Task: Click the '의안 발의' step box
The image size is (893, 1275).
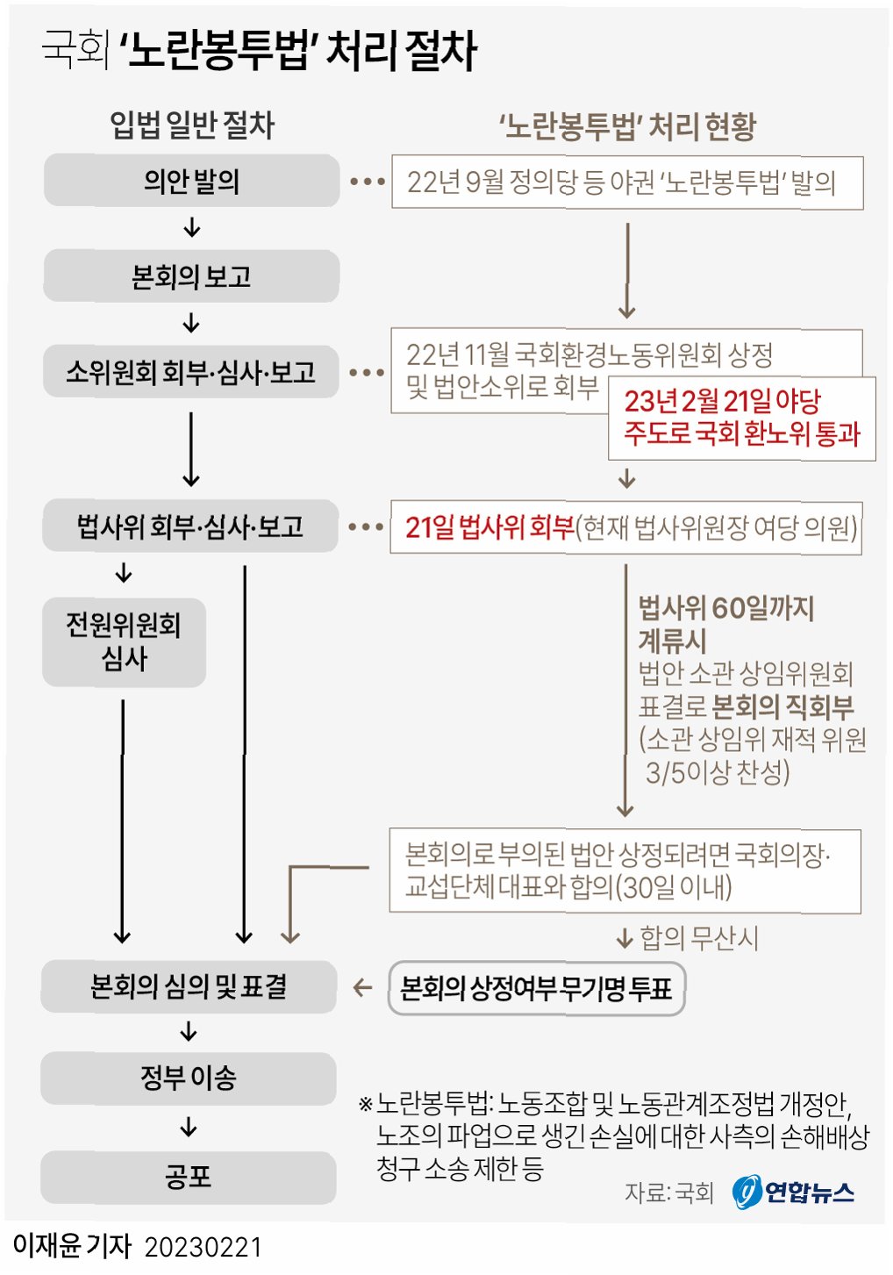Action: click(x=191, y=181)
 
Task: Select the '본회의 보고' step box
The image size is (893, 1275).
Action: click(x=191, y=276)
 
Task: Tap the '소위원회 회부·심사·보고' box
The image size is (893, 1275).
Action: click(x=190, y=372)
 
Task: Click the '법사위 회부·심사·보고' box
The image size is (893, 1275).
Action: click(x=190, y=526)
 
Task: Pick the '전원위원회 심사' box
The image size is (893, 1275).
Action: click(x=124, y=642)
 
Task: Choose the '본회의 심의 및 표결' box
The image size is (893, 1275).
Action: click(x=189, y=986)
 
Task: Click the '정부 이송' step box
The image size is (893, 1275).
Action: click(x=189, y=1078)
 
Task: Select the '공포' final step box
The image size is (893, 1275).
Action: click(x=189, y=1177)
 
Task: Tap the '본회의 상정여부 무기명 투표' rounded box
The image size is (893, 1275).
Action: click(x=536, y=989)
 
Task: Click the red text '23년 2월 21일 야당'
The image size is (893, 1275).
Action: click(x=722, y=402)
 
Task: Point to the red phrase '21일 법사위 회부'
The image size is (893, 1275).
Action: click(x=489, y=527)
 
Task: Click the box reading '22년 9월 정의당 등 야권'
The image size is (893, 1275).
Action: click(x=626, y=183)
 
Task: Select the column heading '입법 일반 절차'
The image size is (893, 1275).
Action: click(x=191, y=125)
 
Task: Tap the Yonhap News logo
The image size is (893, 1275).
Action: click(x=793, y=1192)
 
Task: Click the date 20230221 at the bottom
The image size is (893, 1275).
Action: click(x=203, y=1247)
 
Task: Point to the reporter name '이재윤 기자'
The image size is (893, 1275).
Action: click(x=72, y=1246)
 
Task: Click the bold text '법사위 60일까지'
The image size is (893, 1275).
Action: click(x=725, y=607)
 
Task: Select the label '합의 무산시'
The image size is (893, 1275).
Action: click(x=698, y=938)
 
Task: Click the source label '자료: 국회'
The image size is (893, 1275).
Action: click(x=668, y=1193)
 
